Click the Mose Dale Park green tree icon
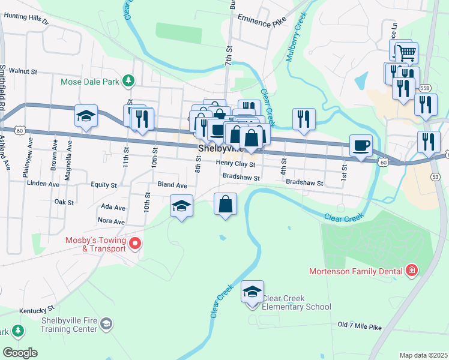click(128, 80)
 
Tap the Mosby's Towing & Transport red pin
click(135, 244)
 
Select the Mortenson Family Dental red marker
click(411, 271)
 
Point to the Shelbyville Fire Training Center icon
click(106, 324)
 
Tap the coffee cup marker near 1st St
click(361, 146)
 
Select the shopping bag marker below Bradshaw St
click(225, 205)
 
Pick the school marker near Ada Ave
click(181, 207)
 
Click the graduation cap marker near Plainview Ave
click(86, 116)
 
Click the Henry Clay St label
click(236, 164)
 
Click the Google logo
click(20, 353)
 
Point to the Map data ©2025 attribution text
click(423, 355)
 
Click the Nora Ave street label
click(110, 221)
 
